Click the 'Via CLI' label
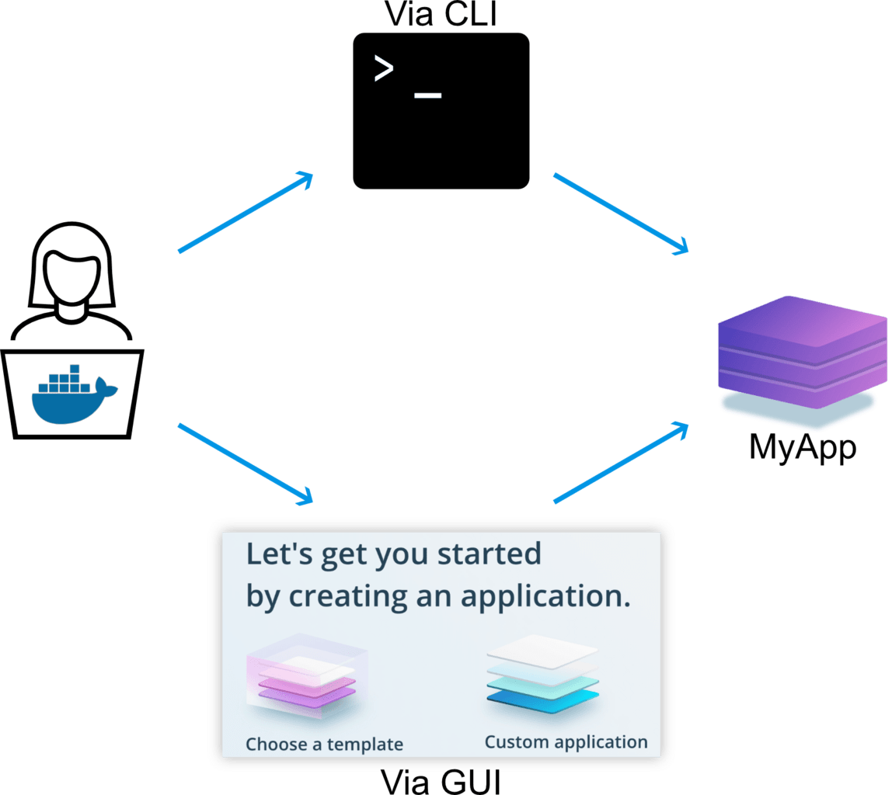[441, 14]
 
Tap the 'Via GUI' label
[441, 782]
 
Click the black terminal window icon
[441, 111]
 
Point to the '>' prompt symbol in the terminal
[383, 69]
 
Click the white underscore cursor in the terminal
[428, 95]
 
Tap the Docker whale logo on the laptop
[74, 394]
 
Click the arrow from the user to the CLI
[246, 212]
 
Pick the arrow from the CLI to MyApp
[622, 214]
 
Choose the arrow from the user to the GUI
[246, 463]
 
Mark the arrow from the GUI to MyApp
[622, 462]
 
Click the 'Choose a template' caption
[324, 745]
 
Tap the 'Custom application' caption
[566, 742]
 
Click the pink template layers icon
[307, 676]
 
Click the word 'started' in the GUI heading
[490, 554]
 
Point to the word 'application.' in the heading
[545, 598]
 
